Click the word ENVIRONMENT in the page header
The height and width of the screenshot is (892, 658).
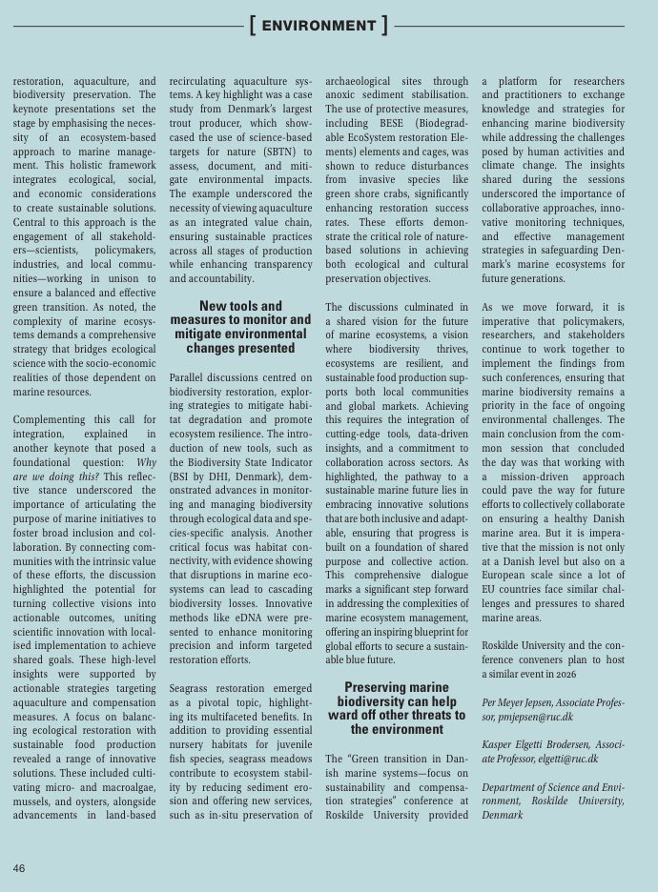coord(319,26)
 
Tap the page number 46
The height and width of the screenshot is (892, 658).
coord(19,868)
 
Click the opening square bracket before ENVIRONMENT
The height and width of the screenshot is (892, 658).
coord(252,26)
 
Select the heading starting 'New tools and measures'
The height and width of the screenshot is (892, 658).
coord(241,328)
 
